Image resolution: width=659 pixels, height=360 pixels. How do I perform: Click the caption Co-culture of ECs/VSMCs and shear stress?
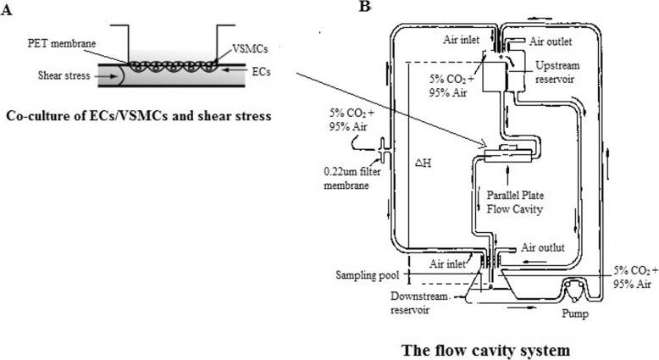tap(138, 115)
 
